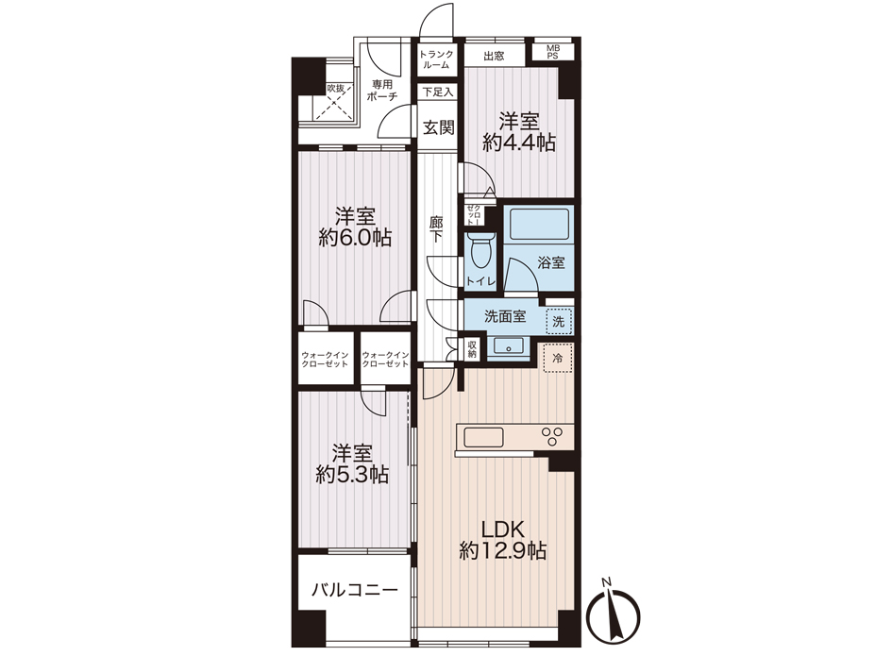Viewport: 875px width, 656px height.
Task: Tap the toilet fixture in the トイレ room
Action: click(480, 251)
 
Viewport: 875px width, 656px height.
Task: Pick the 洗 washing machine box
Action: click(559, 321)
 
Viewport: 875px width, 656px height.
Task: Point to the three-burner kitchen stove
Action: click(552, 436)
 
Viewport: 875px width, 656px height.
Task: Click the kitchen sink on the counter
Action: click(484, 437)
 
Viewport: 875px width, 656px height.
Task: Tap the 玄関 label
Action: click(438, 127)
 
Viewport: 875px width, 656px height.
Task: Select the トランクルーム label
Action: click(436, 59)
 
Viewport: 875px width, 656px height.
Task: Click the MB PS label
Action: click(552, 52)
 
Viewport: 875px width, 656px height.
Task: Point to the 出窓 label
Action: click(494, 56)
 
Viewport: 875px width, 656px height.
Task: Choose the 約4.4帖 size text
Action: click(519, 143)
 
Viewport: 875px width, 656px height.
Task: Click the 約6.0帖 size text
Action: click(355, 239)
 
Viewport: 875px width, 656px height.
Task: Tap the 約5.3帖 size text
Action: click(352, 475)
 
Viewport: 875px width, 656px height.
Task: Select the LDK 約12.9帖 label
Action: click(502, 539)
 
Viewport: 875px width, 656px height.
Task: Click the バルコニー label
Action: click(354, 590)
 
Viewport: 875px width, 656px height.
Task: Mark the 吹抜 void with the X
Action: click(334, 102)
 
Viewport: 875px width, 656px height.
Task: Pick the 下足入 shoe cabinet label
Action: click(438, 93)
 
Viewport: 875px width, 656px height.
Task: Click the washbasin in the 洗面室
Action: click(508, 345)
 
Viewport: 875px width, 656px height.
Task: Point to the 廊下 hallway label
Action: click(436, 229)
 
